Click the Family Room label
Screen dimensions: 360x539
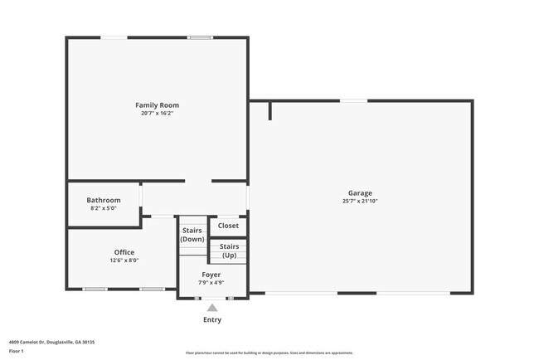pyautogui.click(x=157, y=105)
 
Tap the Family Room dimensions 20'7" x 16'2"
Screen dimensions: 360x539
pyautogui.click(x=157, y=113)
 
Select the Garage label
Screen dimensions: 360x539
pyautogui.click(x=360, y=193)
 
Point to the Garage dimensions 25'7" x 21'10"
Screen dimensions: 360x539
pyautogui.click(x=360, y=201)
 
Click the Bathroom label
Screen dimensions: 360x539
pyautogui.click(x=104, y=200)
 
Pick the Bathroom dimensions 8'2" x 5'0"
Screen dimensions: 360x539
pyautogui.click(x=104, y=208)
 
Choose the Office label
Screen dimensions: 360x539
pyautogui.click(x=124, y=252)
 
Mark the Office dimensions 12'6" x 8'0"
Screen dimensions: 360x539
pyautogui.click(x=124, y=260)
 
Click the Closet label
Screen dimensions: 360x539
pyautogui.click(x=228, y=226)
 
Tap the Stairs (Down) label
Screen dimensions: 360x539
pyautogui.click(x=192, y=235)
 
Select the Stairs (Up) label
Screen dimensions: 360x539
pyautogui.click(x=229, y=251)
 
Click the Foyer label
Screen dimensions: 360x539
pyautogui.click(x=211, y=274)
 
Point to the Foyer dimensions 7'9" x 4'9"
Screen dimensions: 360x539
pyautogui.click(x=211, y=282)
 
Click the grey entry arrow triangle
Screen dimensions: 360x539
pyautogui.click(x=212, y=308)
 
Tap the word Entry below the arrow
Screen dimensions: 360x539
pyautogui.click(x=212, y=319)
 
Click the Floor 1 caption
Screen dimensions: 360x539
pyautogui.click(x=16, y=351)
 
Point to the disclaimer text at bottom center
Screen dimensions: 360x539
pyautogui.click(x=269, y=352)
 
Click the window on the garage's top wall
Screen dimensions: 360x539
pyautogui.click(x=354, y=101)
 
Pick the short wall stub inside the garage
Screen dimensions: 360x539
pyautogui.click(x=270, y=110)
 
